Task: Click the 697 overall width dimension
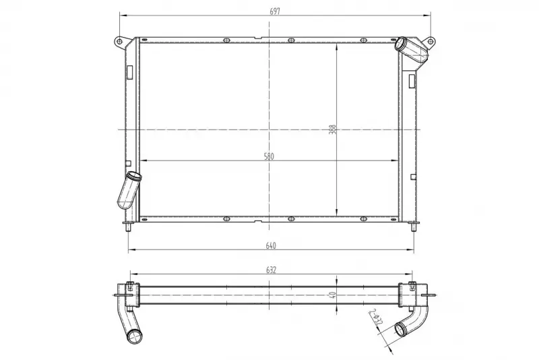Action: coord(275,11)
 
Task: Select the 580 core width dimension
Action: coord(269,156)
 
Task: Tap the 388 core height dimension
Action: coord(332,129)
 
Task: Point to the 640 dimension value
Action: coord(271,245)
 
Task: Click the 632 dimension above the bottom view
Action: coord(271,270)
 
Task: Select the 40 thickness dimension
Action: coord(332,295)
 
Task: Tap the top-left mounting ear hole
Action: coord(119,42)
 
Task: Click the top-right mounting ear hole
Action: coord(430,42)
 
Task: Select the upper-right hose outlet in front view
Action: coord(410,50)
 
